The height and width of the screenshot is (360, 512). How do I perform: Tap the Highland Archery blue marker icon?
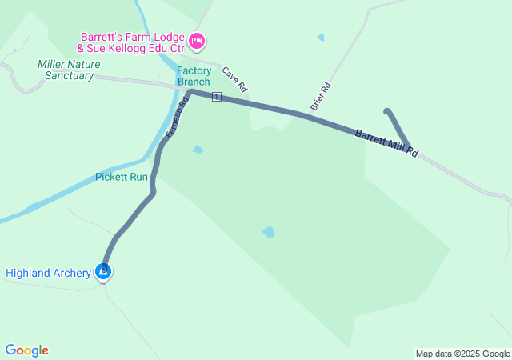point(103,272)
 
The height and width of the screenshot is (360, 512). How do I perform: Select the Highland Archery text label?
point(48,273)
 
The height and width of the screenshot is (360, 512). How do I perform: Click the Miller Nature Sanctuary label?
point(66,70)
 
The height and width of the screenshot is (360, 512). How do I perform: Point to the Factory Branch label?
point(194,76)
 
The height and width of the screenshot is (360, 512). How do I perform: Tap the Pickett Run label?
point(121,177)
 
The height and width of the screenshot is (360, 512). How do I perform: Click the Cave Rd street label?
point(234,78)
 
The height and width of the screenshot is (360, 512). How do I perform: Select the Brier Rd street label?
point(320,96)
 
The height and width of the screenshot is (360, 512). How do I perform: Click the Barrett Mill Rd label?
point(387,142)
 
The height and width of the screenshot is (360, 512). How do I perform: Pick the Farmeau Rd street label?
point(177,117)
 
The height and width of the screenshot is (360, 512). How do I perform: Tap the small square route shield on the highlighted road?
point(216,97)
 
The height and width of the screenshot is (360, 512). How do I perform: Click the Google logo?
point(27,350)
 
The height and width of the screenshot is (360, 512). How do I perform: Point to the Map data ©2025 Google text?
point(462,354)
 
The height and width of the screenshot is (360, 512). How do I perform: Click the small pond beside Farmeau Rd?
point(198,150)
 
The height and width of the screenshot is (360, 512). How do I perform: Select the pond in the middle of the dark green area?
point(269,232)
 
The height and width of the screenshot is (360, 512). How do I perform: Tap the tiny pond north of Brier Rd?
point(321,37)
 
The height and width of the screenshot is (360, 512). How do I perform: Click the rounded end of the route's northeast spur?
point(387,112)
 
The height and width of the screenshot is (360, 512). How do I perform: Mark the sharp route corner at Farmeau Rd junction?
point(191,92)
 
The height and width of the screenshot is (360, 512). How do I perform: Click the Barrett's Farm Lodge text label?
point(132,42)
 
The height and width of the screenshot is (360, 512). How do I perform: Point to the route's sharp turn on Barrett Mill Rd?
point(408,147)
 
